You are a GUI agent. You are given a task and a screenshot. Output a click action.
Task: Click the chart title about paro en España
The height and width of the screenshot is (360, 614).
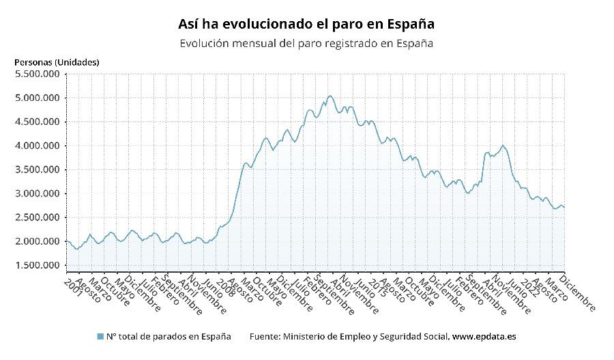(x=306, y=24)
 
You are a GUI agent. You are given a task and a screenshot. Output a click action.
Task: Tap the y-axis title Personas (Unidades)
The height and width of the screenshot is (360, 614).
(x=57, y=62)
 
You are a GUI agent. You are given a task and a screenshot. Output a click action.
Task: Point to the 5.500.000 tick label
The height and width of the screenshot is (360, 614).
(x=37, y=74)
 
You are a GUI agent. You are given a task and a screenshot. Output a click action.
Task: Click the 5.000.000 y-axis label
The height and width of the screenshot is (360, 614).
(x=37, y=97)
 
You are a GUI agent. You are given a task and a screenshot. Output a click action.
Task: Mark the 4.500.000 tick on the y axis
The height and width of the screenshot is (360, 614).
(x=37, y=121)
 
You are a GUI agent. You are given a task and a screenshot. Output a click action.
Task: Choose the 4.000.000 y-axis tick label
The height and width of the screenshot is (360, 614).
(x=37, y=145)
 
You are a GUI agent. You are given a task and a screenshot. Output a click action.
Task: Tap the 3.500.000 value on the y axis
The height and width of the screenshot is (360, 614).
(x=37, y=169)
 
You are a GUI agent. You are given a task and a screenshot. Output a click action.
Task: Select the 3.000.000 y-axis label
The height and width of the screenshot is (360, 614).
(x=37, y=194)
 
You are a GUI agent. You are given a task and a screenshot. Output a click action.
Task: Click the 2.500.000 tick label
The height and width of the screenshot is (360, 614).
(x=37, y=217)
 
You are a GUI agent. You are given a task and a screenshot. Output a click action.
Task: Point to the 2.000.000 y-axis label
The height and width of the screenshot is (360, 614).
(x=37, y=241)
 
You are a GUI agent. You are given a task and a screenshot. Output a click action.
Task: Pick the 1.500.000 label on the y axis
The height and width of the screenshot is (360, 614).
(x=37, y=265)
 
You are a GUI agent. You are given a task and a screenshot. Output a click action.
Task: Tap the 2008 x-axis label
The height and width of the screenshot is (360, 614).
(x=224, y=286)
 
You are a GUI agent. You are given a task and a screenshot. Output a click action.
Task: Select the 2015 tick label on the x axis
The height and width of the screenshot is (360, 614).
(x=376, y=286)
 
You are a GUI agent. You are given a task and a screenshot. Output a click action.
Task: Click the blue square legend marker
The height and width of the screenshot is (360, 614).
(x=100, y=337)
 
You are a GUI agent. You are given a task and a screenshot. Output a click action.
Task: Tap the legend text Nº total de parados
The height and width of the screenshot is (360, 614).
(x=169, y=337)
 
